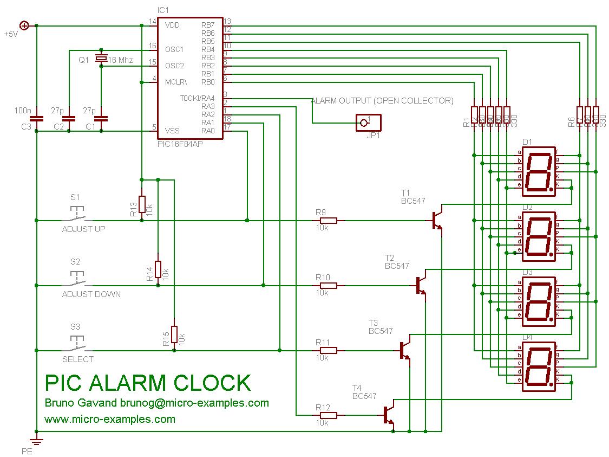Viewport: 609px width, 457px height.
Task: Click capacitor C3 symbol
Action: click(36, 118)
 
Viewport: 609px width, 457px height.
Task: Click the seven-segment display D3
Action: click(539, 301)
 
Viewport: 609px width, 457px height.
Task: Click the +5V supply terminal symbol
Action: click(24, 25)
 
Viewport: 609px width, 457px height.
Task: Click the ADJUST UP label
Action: click(84, 229)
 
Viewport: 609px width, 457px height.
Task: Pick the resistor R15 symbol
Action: click(174, 334)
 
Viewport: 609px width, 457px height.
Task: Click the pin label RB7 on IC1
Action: click(208, 25)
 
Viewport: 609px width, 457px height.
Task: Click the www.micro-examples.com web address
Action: click(110, 419)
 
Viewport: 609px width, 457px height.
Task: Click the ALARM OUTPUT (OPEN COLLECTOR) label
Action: click(382, 101)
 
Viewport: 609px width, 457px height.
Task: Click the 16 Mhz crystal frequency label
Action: click(120, 60)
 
